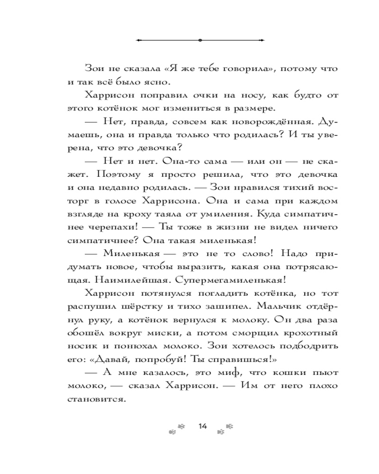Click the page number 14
click(203, 426)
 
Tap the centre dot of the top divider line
click(200, 40)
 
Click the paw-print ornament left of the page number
click(176, 428)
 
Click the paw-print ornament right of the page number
click(225, 428)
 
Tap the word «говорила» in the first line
click(246, 68)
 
